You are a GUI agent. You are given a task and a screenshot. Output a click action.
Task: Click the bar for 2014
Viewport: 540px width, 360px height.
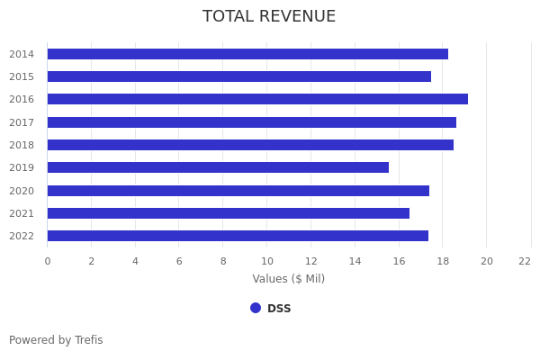click(247, 54)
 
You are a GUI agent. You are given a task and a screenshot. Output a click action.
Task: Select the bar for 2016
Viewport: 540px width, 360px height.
click(257, 99)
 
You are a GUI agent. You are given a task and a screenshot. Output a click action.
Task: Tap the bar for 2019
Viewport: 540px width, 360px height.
click(218, 167)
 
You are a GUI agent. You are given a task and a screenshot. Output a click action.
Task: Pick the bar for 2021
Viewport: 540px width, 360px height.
click(229, 213)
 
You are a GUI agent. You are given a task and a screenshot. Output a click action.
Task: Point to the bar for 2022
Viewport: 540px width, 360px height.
click(238, 236)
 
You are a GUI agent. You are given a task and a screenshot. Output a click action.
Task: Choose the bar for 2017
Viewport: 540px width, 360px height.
click(252, 122)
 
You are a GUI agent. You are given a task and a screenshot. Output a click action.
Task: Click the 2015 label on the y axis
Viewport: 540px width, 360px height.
click(22, 77)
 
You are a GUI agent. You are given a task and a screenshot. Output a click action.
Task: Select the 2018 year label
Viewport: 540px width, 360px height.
click(22, 145)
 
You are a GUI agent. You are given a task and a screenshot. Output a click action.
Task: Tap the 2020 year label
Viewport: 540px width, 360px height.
click(22, 191)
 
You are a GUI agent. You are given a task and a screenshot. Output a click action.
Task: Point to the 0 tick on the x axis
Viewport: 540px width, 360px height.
click(48, 261)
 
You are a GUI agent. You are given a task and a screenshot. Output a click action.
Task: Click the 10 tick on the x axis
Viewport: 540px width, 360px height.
click(267, 261)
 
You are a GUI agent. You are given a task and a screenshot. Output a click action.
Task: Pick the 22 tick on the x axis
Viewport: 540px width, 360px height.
click(525, 261)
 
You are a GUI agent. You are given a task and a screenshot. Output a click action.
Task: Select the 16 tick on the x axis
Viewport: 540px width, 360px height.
click(399, 261)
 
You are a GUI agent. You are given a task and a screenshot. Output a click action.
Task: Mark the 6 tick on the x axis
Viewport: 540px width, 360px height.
click(179, 261)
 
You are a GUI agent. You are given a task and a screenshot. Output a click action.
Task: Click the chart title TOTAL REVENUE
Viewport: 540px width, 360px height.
click(269, 17)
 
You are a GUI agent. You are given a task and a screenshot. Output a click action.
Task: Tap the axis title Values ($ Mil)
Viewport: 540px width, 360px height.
click(288, 279)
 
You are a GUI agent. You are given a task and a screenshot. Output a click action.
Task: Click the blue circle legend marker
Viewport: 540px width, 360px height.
click(256, 308)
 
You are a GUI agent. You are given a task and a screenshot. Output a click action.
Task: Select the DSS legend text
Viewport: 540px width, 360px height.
click(279, 309)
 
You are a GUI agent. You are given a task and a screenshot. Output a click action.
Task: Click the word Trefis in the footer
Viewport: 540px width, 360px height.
click(88, 340)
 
